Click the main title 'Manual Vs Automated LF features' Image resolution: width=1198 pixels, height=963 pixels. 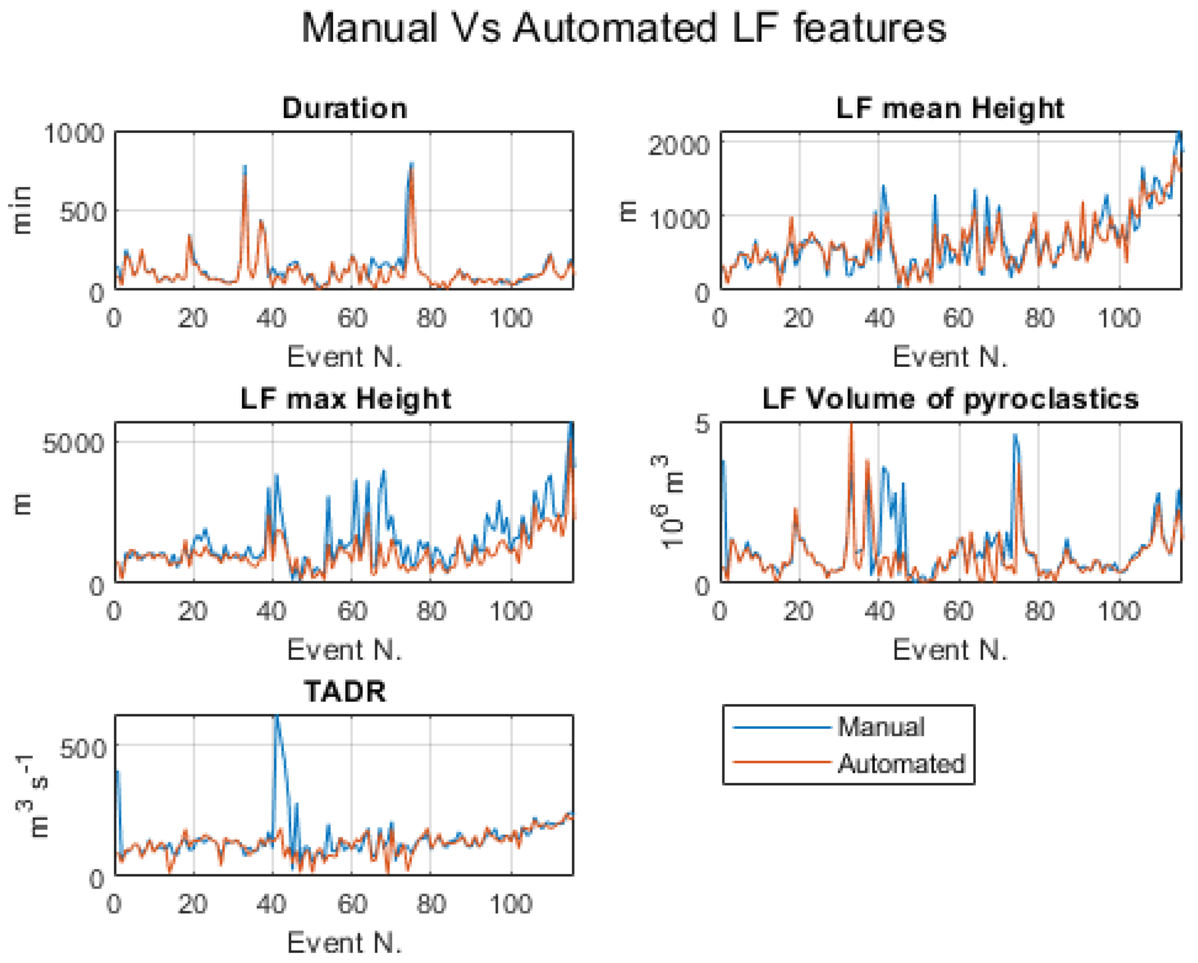(x=624, y=28)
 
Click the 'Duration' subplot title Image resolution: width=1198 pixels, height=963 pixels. (x=344, y=108)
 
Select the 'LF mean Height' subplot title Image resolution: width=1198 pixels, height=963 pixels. (x=950, y=108)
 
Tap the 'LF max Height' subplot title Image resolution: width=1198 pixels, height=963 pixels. (x=345, y=399)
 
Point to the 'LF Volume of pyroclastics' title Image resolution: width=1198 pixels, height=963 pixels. (x=950, y=399)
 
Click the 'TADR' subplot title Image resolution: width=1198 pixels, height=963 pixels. (x=344, y=691)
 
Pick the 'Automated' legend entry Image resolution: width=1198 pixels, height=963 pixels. (x=900, y=764)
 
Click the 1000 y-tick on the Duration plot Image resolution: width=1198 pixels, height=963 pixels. (x=74, y=134)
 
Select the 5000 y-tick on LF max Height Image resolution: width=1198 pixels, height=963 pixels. (x=74, y=443)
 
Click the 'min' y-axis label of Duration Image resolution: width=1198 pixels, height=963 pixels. (x=22, y=210)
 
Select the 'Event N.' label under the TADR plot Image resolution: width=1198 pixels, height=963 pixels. (x=344, y=942)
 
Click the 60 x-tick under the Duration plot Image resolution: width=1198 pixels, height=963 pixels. (x=352, y=318)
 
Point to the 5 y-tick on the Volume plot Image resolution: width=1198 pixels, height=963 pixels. (x=703, y=425)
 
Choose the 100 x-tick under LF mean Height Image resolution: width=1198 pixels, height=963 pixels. (x=1119, y=318)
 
